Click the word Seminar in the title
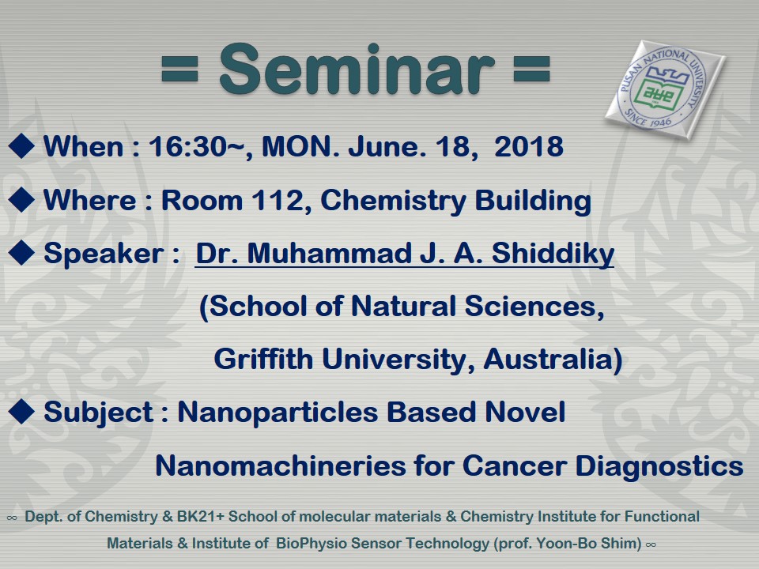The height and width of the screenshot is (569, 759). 357,70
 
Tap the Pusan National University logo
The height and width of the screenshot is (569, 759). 665,90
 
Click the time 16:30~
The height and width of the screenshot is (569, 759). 197,146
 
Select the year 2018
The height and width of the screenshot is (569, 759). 529,146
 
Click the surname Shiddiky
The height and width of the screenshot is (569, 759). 553,254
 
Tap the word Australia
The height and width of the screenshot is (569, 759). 549,359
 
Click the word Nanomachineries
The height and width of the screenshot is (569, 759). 280,465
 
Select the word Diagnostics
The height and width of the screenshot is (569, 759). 659,466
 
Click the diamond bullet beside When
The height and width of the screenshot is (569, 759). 21,145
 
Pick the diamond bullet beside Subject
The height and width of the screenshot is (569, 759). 21,412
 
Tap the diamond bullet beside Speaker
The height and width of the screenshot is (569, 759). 21,253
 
